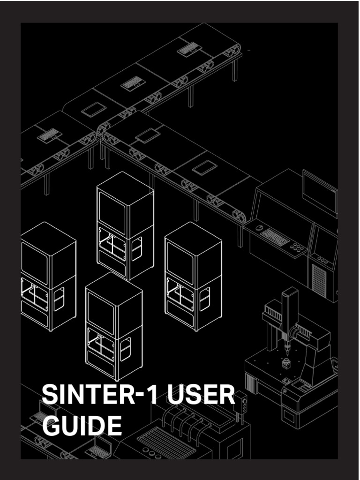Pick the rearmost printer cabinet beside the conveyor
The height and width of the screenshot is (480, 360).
click(125, 225)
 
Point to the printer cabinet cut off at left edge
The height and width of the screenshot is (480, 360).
click(47, 277)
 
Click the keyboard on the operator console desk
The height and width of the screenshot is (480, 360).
click(275, 237)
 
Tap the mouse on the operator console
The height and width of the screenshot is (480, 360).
click(259, 228)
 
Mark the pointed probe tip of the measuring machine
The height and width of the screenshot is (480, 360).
click(287, 352)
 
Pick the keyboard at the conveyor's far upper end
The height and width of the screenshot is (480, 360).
click(189, 49)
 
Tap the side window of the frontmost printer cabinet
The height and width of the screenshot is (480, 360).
click(126, 349)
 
